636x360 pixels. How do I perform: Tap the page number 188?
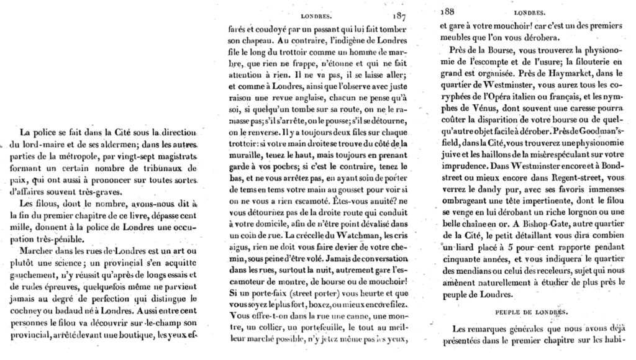coord(447,11)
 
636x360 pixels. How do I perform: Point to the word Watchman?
coord(346,236)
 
